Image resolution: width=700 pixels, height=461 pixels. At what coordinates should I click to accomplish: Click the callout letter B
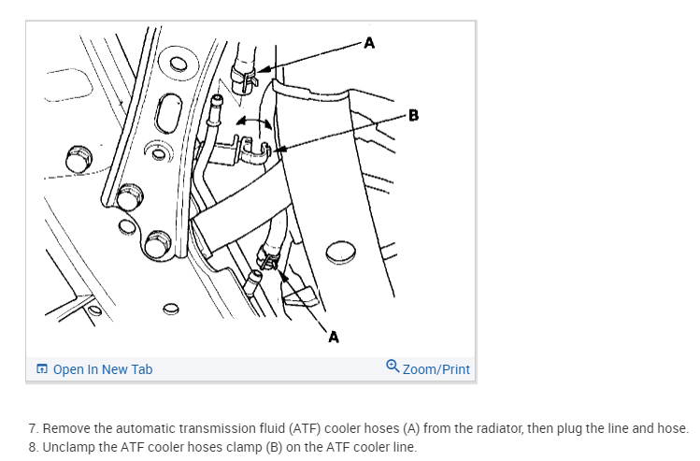point(414,116)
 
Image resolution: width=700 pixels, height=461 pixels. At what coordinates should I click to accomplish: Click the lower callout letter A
point(333,337)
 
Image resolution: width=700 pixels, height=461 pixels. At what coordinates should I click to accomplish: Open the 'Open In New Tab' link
point(103,369)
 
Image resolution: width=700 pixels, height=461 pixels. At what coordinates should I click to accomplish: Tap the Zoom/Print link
point(436,369)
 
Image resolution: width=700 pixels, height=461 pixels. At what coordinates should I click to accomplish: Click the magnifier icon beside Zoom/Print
point(392,368)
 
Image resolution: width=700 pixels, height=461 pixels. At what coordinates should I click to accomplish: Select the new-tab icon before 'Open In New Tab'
point(42,369)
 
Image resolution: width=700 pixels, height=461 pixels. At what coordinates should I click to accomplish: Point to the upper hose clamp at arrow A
point(244,75)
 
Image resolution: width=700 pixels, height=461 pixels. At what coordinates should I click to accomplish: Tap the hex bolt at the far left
point(78,156)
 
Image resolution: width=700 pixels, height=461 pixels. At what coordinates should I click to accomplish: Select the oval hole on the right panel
point(341,251)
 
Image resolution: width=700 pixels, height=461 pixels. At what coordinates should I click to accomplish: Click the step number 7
point(33,428)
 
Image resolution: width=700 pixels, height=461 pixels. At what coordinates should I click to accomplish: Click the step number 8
point(33,446)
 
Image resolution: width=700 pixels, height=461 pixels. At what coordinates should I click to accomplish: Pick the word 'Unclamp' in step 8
point(68,446)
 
